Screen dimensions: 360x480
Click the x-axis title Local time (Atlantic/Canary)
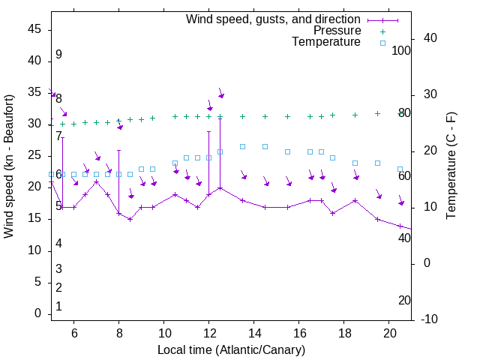click(231, 350)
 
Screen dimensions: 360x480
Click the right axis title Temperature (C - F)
click(451, 166)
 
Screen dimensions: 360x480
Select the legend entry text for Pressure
click(337, 31)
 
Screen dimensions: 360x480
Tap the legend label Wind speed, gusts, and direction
click(274, 19)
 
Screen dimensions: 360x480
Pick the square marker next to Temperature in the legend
click(382, 43)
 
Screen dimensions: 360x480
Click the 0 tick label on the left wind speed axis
click(38, 313)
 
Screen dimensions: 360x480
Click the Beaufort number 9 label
click(58, 55)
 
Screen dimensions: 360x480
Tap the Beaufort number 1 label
click(58, 307)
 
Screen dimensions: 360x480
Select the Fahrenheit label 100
click(401, 50)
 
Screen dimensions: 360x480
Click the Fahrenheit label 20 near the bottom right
click(404, 300)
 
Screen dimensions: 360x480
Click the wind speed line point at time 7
click(96, 182)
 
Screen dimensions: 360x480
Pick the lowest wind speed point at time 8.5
click(130, 219)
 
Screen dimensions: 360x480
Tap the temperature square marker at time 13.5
click(242, 146)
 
